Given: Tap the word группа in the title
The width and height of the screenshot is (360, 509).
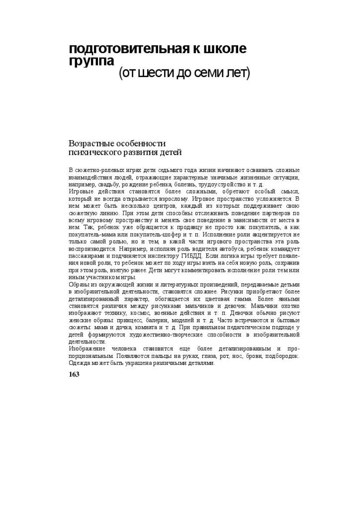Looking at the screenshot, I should click(91, 61).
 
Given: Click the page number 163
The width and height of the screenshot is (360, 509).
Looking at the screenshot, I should click(74, 374).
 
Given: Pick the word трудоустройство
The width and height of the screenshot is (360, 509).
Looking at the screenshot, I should click(215, 184).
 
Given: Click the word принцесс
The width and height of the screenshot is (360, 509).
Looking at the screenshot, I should click(128, 321).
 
